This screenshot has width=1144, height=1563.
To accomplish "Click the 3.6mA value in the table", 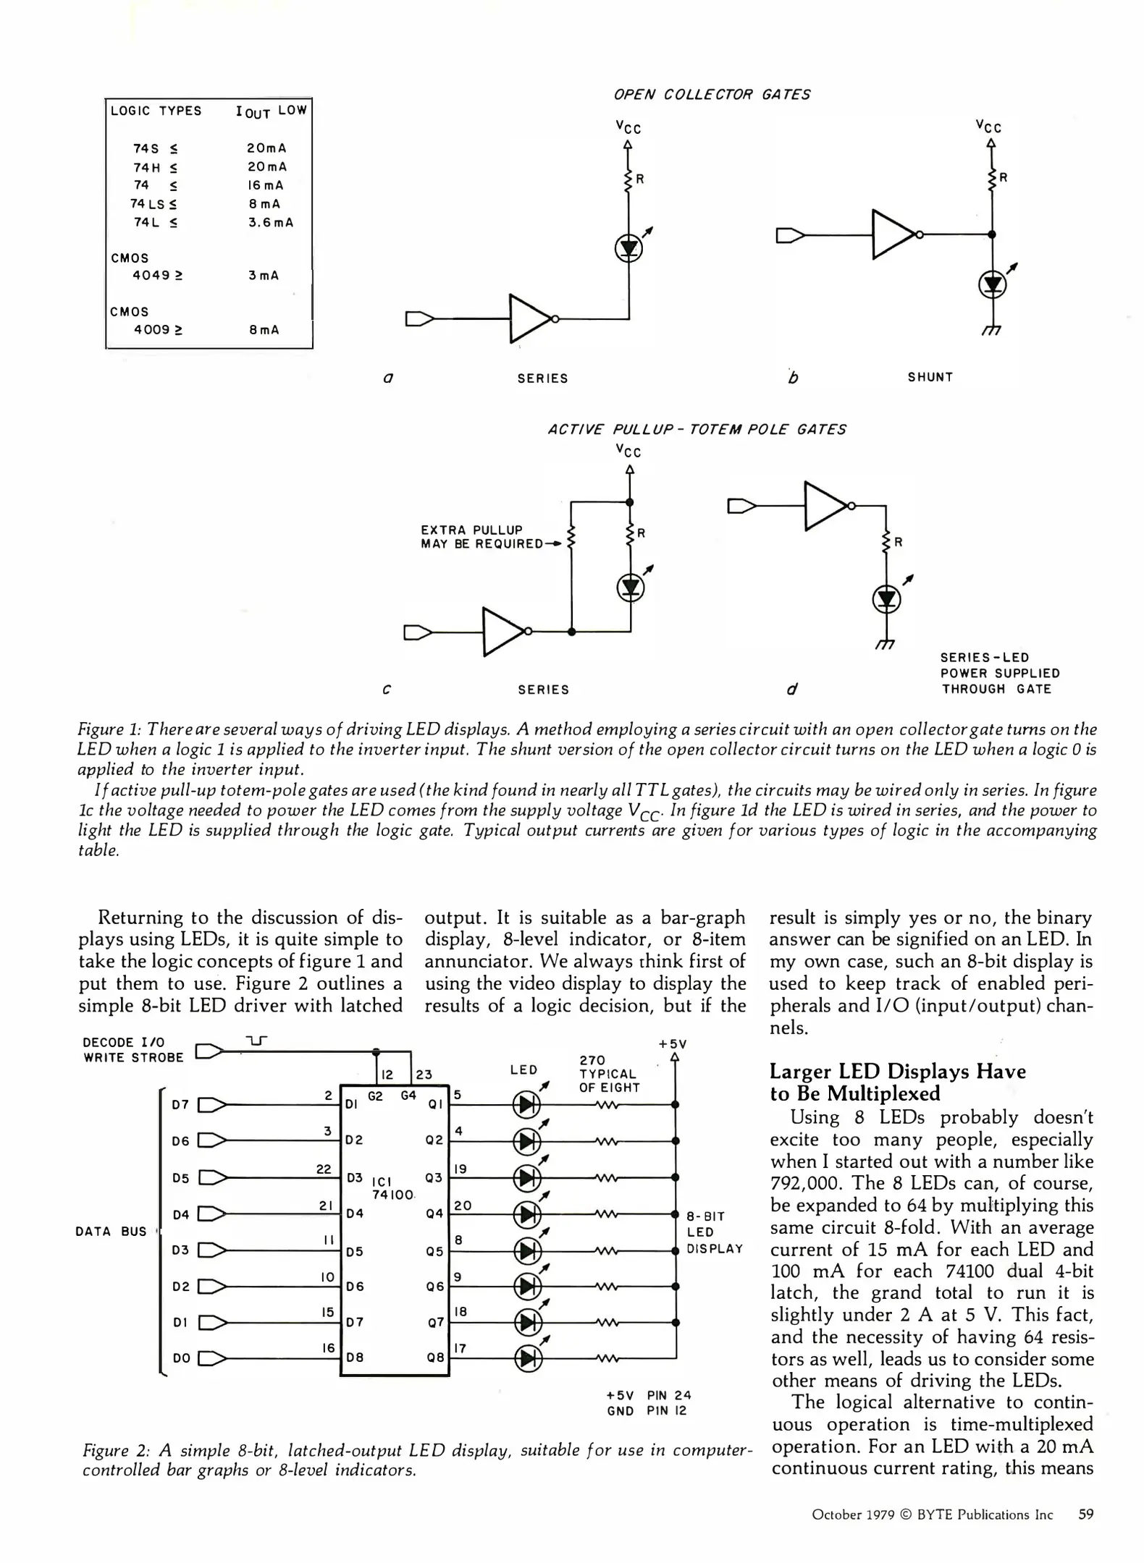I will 271,223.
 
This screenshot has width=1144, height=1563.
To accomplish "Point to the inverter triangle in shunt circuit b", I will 893,234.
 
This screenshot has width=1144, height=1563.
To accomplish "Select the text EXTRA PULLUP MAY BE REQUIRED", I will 481,537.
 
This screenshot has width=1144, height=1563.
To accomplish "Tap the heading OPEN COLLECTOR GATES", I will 712,95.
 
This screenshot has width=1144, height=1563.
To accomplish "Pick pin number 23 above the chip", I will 424,1075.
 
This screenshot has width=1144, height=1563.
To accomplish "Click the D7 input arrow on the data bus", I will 212,1105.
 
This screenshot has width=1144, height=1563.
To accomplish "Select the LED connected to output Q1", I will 527,1105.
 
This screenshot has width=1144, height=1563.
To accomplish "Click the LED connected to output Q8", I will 527,1360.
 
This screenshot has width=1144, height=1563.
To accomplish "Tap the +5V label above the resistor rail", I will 672,1044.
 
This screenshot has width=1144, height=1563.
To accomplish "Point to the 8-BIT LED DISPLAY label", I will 714,1232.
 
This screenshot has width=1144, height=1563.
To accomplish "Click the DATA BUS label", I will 111,1232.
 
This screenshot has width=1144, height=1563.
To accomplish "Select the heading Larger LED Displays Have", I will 897,1072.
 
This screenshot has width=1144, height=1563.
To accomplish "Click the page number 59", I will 1085,1515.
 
